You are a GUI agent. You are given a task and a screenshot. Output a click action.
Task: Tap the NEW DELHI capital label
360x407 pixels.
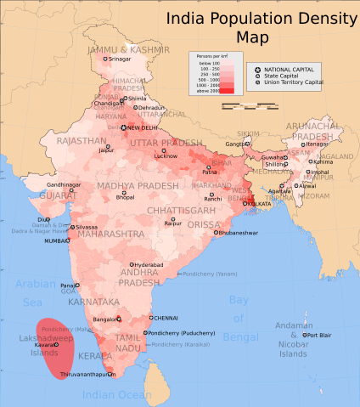(x=144, y=127)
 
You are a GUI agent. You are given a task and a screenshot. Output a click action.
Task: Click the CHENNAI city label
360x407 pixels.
(x=166, y=318)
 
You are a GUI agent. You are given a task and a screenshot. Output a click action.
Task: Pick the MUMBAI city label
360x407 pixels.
(x=56, y=240)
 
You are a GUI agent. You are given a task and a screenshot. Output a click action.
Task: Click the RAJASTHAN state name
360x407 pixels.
(x=82, y=140)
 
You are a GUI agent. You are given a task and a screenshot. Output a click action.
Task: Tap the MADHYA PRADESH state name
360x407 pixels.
(x=127, y=185)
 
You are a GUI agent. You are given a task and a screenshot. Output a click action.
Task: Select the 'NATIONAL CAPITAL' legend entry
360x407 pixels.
(x=289, y=68)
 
